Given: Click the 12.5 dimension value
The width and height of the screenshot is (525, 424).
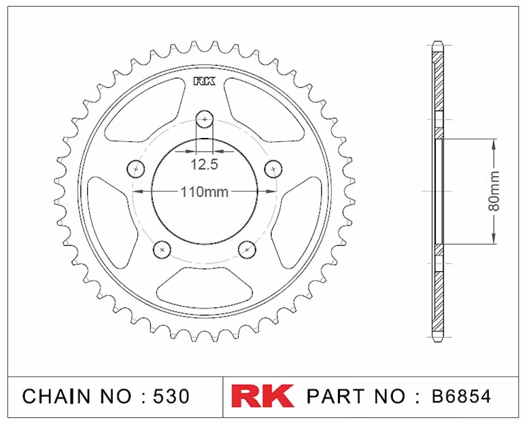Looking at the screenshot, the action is (x=204, y=164).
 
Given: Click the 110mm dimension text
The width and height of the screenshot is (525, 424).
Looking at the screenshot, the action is (x=205, y=192).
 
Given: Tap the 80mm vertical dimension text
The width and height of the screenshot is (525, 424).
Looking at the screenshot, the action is (x=494, y=191).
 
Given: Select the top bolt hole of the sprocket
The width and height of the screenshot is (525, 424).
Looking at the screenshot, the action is (x=205, y=119).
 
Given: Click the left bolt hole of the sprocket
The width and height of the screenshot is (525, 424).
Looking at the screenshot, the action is (x=135, y=169).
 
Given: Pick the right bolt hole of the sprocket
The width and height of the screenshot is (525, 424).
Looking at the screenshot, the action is (x=273, y=169).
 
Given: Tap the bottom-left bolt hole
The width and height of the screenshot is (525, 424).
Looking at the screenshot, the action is (x=162, y=249).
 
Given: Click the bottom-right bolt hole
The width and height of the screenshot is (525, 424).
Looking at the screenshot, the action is (x=247, y=249).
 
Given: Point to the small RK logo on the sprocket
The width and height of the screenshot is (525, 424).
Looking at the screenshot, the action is (x=205, y=82).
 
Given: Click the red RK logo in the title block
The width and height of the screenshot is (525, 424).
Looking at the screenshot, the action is (x=262, y=396).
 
